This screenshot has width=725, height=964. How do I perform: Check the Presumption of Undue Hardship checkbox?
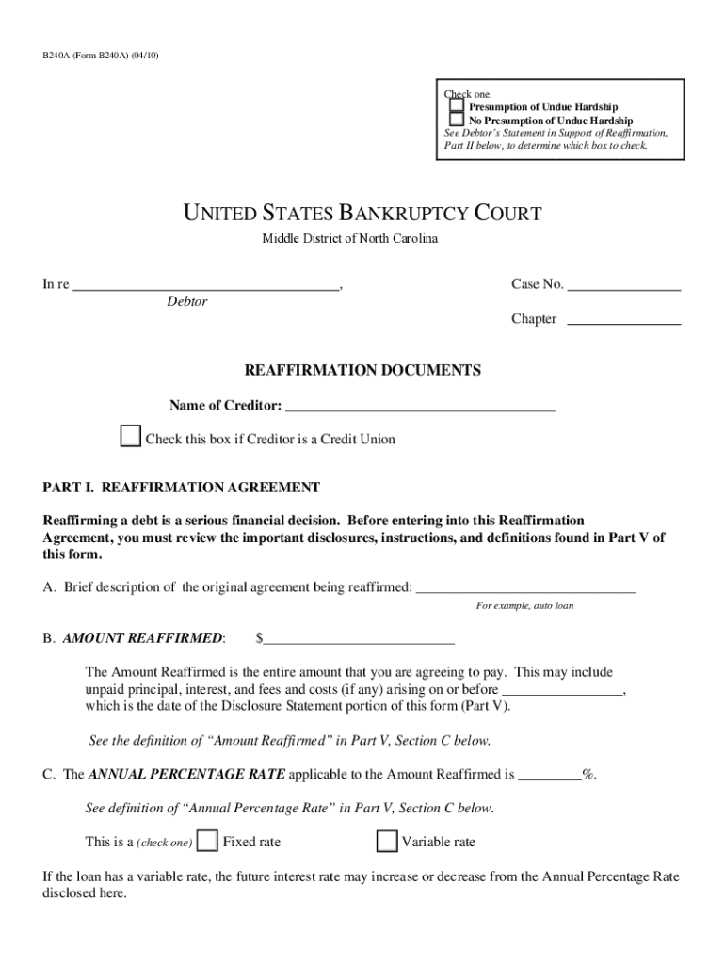click(x=457, y=106)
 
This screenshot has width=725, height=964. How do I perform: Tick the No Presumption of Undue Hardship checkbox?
click(x=457, y=120)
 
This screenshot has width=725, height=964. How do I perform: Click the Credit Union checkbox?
click(x=130, y=438)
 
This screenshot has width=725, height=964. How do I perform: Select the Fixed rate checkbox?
click(x=208, y=841)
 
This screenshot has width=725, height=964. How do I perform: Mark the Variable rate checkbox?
click(x=386, y=841)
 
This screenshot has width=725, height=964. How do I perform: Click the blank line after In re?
click(x=206, y=285)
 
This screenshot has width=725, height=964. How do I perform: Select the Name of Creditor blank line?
click(x=419, y=407)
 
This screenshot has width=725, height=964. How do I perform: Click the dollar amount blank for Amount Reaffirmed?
click(x=359, y=639)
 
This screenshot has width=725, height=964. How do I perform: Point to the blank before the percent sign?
click(x=550, y=776)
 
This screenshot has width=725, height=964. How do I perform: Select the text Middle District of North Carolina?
click(x=349, y=239)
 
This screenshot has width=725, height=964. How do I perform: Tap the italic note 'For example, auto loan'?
click(x=524, y=606)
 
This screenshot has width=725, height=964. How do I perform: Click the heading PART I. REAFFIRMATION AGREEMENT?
click(x=182, y=488)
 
